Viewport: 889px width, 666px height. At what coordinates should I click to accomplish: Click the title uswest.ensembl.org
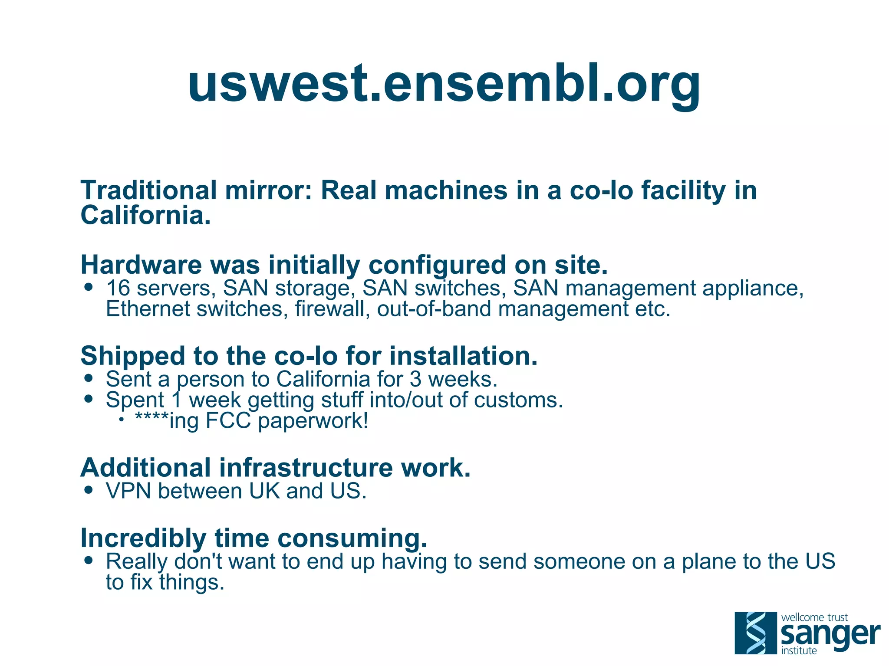(444, 83)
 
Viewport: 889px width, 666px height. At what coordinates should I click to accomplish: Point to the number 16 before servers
(118, 288)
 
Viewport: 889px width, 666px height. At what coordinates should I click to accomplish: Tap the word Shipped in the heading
(133, 357)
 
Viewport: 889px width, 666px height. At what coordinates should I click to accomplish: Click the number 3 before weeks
(415, 379)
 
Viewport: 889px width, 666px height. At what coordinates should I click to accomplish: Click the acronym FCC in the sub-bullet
(228, 420)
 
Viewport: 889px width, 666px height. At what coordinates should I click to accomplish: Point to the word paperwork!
(313, 421)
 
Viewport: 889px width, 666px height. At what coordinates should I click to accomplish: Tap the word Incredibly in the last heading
(143, 538)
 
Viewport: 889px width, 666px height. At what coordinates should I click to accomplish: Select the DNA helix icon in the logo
(756, 633)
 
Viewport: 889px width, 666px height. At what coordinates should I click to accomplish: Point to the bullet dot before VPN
(89, 490)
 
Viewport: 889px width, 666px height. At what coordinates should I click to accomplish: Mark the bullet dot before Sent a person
(89, 378)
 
